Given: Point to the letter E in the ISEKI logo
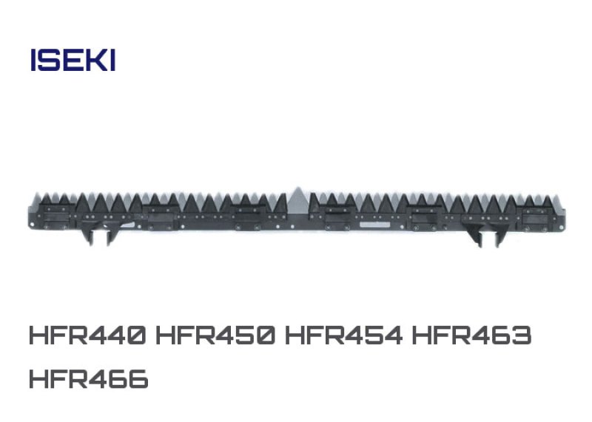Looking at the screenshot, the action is pos(70,60).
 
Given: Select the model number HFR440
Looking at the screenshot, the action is pos(87,335).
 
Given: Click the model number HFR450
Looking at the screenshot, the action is pos(215,335).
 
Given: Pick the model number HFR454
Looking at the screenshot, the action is pos(343,335).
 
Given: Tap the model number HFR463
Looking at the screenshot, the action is pos(472,335).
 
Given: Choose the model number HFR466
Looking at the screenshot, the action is pos(89,379).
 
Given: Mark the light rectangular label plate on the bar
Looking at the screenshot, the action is pos(375,225).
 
